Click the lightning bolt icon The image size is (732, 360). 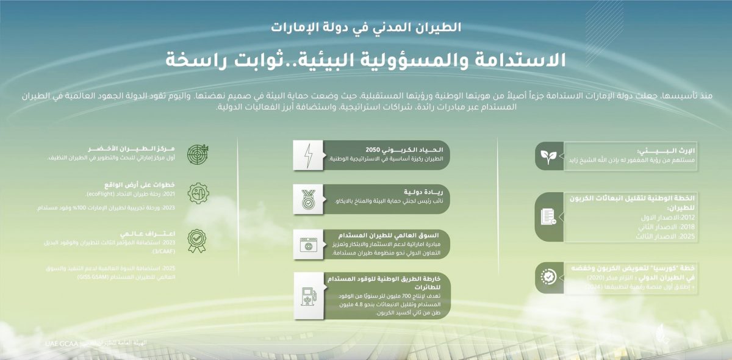coord(308,156)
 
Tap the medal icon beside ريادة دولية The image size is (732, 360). coord(308,198)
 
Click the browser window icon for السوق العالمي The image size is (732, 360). coord(308,243)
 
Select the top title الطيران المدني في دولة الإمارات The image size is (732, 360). coord(365,27)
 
